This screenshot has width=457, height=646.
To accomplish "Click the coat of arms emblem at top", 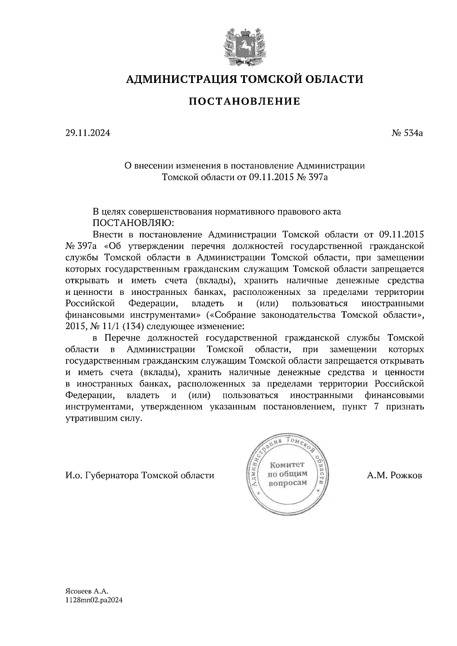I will [244, 46].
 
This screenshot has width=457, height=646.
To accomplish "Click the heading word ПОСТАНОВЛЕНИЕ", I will [244, 102].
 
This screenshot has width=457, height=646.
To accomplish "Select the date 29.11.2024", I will [88, 133].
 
